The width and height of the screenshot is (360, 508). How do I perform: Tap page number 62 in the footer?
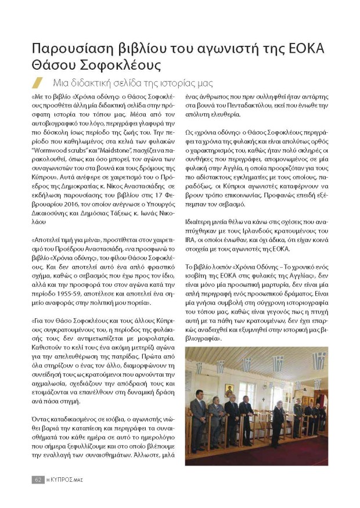[38, 480]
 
